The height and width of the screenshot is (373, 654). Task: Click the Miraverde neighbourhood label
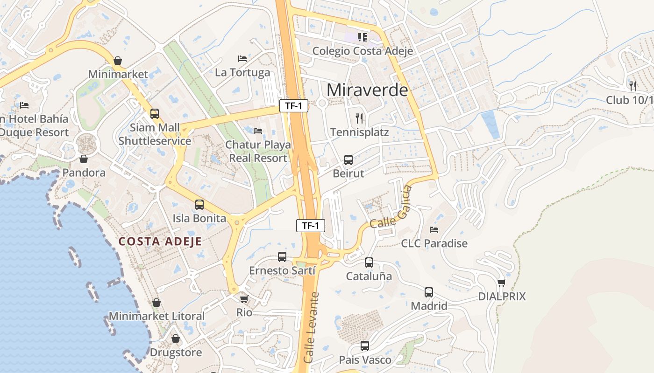[367, 90]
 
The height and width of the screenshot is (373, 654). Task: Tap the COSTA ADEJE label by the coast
[160, 241]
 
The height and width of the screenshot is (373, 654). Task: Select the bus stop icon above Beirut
[348, 160]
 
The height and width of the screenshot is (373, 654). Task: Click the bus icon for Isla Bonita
[199, 205]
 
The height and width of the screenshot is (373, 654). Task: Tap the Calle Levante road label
[312, 327]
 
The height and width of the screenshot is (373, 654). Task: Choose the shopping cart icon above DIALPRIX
[502, 283]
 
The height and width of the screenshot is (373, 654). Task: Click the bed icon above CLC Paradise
[434, 230]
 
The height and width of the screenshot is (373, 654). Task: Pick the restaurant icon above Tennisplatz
[359, 118]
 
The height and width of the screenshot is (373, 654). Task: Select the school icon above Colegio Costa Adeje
[363, 37]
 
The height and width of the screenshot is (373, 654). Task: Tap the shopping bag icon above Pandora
[84, 159]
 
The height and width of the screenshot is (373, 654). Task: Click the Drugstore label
[176, 352]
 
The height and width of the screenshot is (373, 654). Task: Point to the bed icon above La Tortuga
[242, 59]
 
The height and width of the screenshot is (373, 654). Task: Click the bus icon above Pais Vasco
[365, 346]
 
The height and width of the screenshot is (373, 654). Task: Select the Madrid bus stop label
[429, 306]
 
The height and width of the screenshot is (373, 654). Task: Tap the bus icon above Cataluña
[369, 262]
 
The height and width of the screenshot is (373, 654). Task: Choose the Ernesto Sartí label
[282, 270]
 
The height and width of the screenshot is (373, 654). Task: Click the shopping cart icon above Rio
[244, 299]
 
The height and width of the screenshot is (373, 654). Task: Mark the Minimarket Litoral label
[156, 316]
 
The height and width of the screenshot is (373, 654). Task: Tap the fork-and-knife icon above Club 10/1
[633, 86]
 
